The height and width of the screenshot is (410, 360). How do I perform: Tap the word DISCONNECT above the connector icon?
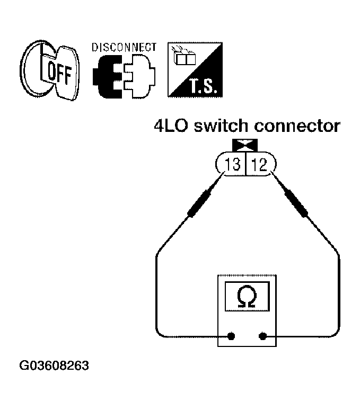click(x=124, y=47)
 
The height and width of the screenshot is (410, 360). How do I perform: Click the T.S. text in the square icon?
click(x=202, y=86)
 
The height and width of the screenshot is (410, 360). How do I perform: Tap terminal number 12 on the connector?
click(x=260, y=165)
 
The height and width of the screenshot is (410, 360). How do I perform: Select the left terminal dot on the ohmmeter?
click(x=231, y=336)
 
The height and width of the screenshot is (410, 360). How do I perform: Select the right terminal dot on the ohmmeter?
click(x=263, y=336)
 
